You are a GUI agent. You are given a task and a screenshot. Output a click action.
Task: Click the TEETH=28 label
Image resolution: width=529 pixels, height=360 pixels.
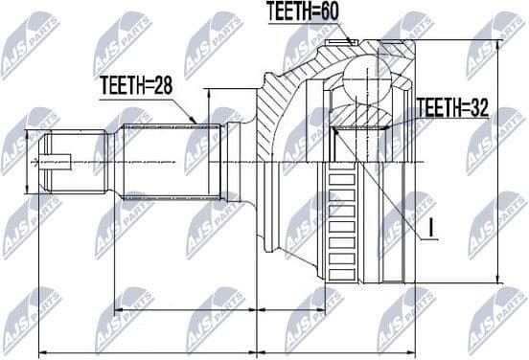[x=138, y=84]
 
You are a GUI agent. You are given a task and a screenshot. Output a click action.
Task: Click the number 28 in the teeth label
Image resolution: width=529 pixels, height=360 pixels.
[x=166, y=84]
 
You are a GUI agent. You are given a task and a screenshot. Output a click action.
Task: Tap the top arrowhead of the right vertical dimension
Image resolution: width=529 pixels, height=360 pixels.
[x=497, y=44]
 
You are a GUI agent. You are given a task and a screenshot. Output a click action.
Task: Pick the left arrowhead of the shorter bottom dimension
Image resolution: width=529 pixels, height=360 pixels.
[x=117, y=313]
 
